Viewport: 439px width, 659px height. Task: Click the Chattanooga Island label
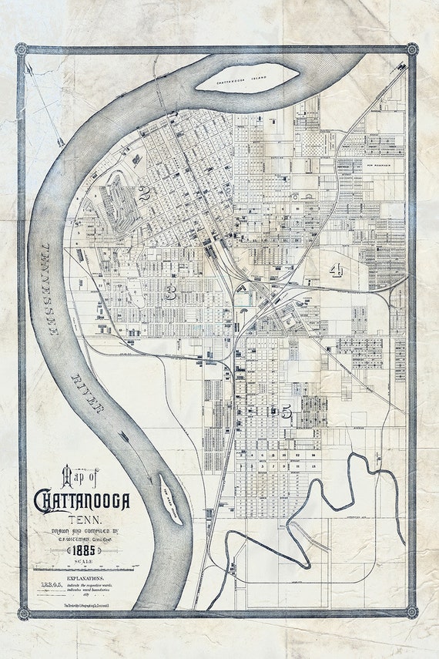point(246,79)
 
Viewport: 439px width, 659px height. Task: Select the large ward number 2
point(144,193)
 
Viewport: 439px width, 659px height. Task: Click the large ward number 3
point(170,291)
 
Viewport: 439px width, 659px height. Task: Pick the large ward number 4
point(336,270)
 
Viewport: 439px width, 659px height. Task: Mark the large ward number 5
point(286,413)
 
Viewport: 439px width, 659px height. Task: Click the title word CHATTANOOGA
point(82,501)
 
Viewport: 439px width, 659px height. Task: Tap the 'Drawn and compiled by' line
point(81,532)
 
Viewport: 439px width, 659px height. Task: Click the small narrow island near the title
point(170,499)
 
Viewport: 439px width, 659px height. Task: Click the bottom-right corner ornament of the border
point(411,612)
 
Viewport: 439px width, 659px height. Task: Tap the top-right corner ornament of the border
point(411,49)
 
